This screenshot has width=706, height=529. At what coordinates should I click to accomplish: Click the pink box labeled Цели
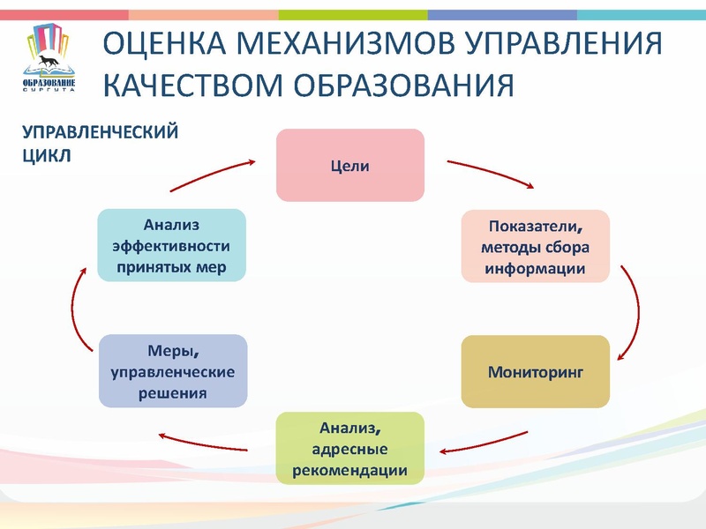pyautogui.click(x=350, y=165)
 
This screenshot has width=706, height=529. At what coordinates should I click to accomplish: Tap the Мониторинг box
pyautogui.click(x=536, y=371)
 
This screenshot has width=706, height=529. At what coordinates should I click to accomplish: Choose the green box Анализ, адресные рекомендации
pyautogui.click(x=350, y=449)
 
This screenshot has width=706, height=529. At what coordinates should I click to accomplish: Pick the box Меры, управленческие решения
pyautogui.click(x=172, y=371)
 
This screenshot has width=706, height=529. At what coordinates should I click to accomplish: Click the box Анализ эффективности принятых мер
pyautogui.click(x=171, y=245)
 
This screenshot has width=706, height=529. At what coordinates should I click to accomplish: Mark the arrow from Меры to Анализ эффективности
pyautogui.click(x=75, y=309)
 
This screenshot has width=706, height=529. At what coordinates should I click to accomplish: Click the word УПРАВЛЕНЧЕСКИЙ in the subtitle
pyautogui.click(x=100, y=132)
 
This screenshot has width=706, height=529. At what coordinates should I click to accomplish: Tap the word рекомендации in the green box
pyautogui.click(x=350, y=470)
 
